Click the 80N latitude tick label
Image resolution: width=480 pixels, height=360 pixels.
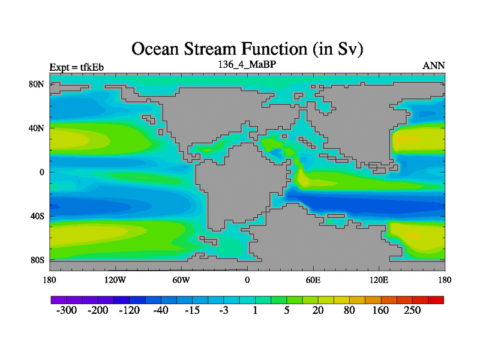click(x=37, y=84)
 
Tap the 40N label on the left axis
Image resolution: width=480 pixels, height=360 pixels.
click(x=37, y=128)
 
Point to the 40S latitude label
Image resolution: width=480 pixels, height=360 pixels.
click(x=37, y=216)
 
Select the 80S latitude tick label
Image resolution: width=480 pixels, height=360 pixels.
click(x=37, y=260)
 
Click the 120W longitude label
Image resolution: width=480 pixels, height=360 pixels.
click(x=115, y=280)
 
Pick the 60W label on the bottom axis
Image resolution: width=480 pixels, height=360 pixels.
click(x=181, y=280)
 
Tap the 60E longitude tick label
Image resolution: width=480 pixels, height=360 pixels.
click(x=313, y=280)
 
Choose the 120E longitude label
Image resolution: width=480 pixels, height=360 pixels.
click(x=379, y=280)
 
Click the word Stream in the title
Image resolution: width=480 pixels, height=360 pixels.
click(x=211, y=49)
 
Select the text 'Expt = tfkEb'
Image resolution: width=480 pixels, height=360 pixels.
click(x=77, y=67)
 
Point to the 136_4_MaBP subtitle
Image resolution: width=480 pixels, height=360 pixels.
click(x=247, y=64)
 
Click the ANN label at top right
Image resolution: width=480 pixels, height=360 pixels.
click(x=433, y=66)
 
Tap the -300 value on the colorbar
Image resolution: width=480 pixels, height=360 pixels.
click(x=67, y=310)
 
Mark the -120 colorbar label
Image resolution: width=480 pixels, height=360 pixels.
click(x=129, y=310)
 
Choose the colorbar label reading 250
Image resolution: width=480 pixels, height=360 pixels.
click(x=412, y=310)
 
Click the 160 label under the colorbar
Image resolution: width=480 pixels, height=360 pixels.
click(x=380, y=310)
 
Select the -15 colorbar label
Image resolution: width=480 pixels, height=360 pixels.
click(x=192, y=310)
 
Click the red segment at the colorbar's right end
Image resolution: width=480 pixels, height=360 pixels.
click(x=436, y=300)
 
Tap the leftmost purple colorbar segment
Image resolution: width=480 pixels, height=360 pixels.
click(x=59, y=300)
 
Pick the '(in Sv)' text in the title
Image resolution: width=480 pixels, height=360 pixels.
click(x=338, y=50)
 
